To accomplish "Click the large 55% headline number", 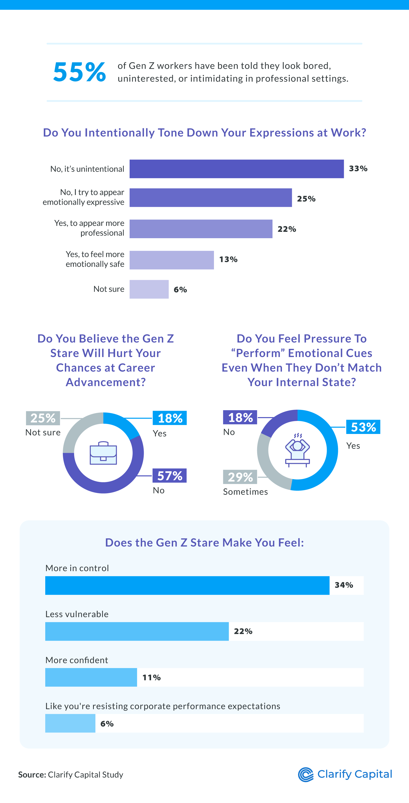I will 79,72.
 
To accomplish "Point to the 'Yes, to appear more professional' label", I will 89,228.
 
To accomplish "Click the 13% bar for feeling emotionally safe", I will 172,260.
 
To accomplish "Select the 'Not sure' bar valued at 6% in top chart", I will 149,289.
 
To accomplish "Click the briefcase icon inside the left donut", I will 103,453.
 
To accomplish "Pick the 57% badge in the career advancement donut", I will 169,476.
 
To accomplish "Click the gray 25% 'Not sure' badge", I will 43,418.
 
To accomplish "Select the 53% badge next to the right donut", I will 363,427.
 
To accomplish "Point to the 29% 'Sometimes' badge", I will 240,477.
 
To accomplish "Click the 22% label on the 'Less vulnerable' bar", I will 243,631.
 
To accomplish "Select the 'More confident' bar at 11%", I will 91,677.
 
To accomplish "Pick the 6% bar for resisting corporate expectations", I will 70,723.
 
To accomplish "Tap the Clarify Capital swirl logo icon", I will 305,775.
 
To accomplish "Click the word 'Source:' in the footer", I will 32,775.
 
